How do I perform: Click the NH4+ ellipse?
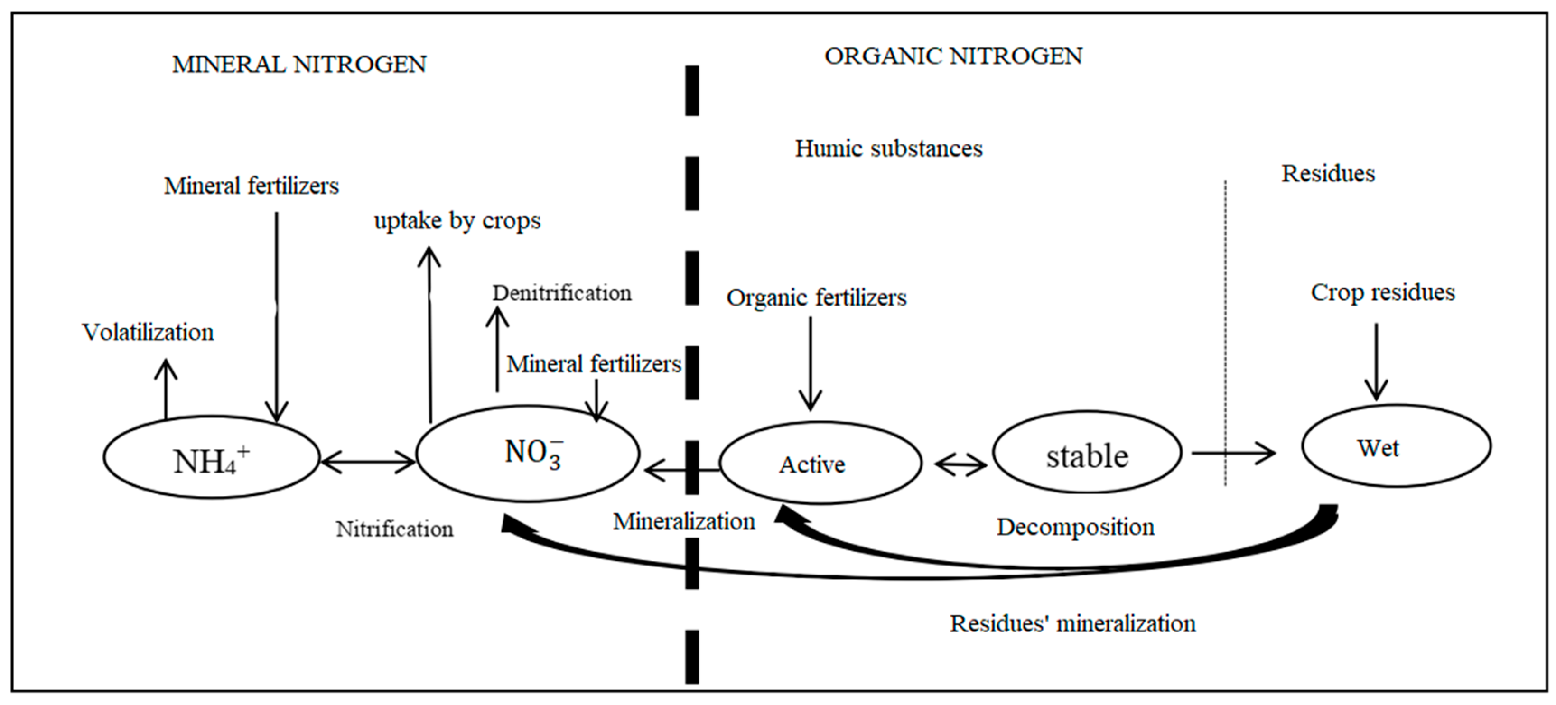coord(211,458)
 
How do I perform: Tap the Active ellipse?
coord(820,463)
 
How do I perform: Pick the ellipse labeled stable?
coord(1087,453)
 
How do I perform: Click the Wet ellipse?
coord(1396,446)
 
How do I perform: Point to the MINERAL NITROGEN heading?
coord(299,65)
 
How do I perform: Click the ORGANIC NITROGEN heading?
coord(953,56)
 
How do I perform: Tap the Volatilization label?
coord(148,333)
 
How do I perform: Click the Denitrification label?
coord(562,293)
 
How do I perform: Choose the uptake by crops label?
coord(457,221)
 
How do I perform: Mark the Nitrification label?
coord(395,529)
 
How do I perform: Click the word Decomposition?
coord(1075,527)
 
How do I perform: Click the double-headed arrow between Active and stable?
coord(960,465)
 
